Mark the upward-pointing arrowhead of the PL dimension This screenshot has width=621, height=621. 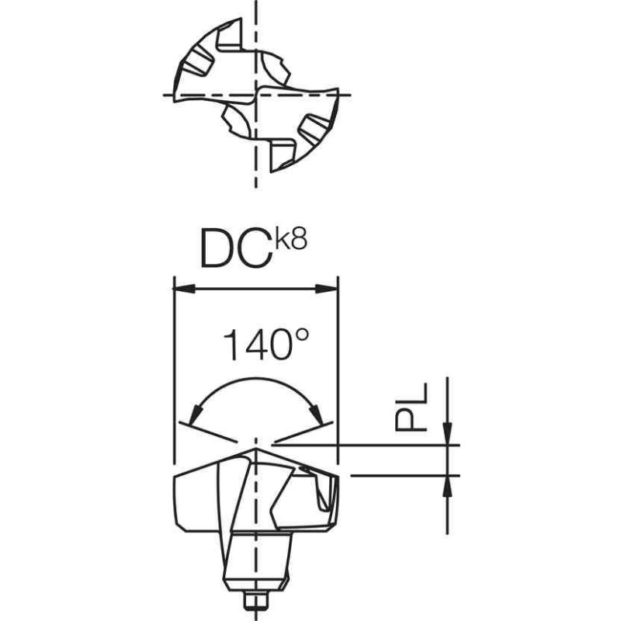point(447,484)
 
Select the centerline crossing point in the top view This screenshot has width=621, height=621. point(255,95)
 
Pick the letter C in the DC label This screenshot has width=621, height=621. point(255,247)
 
